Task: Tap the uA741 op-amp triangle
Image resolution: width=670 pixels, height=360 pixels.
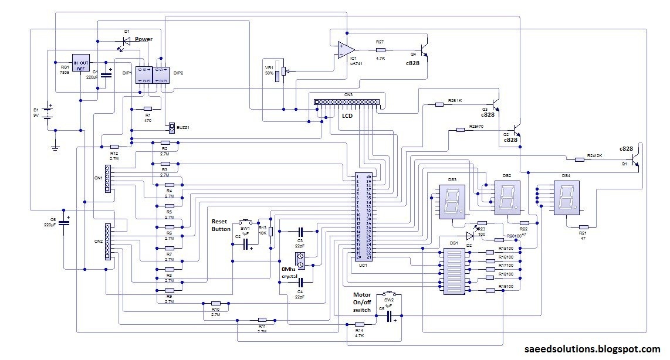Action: (x=345, y=50)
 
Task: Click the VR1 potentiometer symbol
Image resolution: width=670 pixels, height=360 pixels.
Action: (x=285, y=71)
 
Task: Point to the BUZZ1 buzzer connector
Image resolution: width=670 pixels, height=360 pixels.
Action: (x=171, y=127)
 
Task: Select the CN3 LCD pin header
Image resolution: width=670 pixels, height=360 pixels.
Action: (x=347, y=102)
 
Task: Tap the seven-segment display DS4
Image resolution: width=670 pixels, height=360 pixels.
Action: (x=566, y=198)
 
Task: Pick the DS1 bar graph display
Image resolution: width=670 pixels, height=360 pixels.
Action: (x=453, y=271)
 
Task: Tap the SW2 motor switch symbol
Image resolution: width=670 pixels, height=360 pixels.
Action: (x=388, y=293)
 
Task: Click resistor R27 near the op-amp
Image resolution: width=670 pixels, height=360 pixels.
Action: (x=380, y=50)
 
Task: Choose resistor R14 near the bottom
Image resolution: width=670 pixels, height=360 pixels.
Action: (x=359, y=324)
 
